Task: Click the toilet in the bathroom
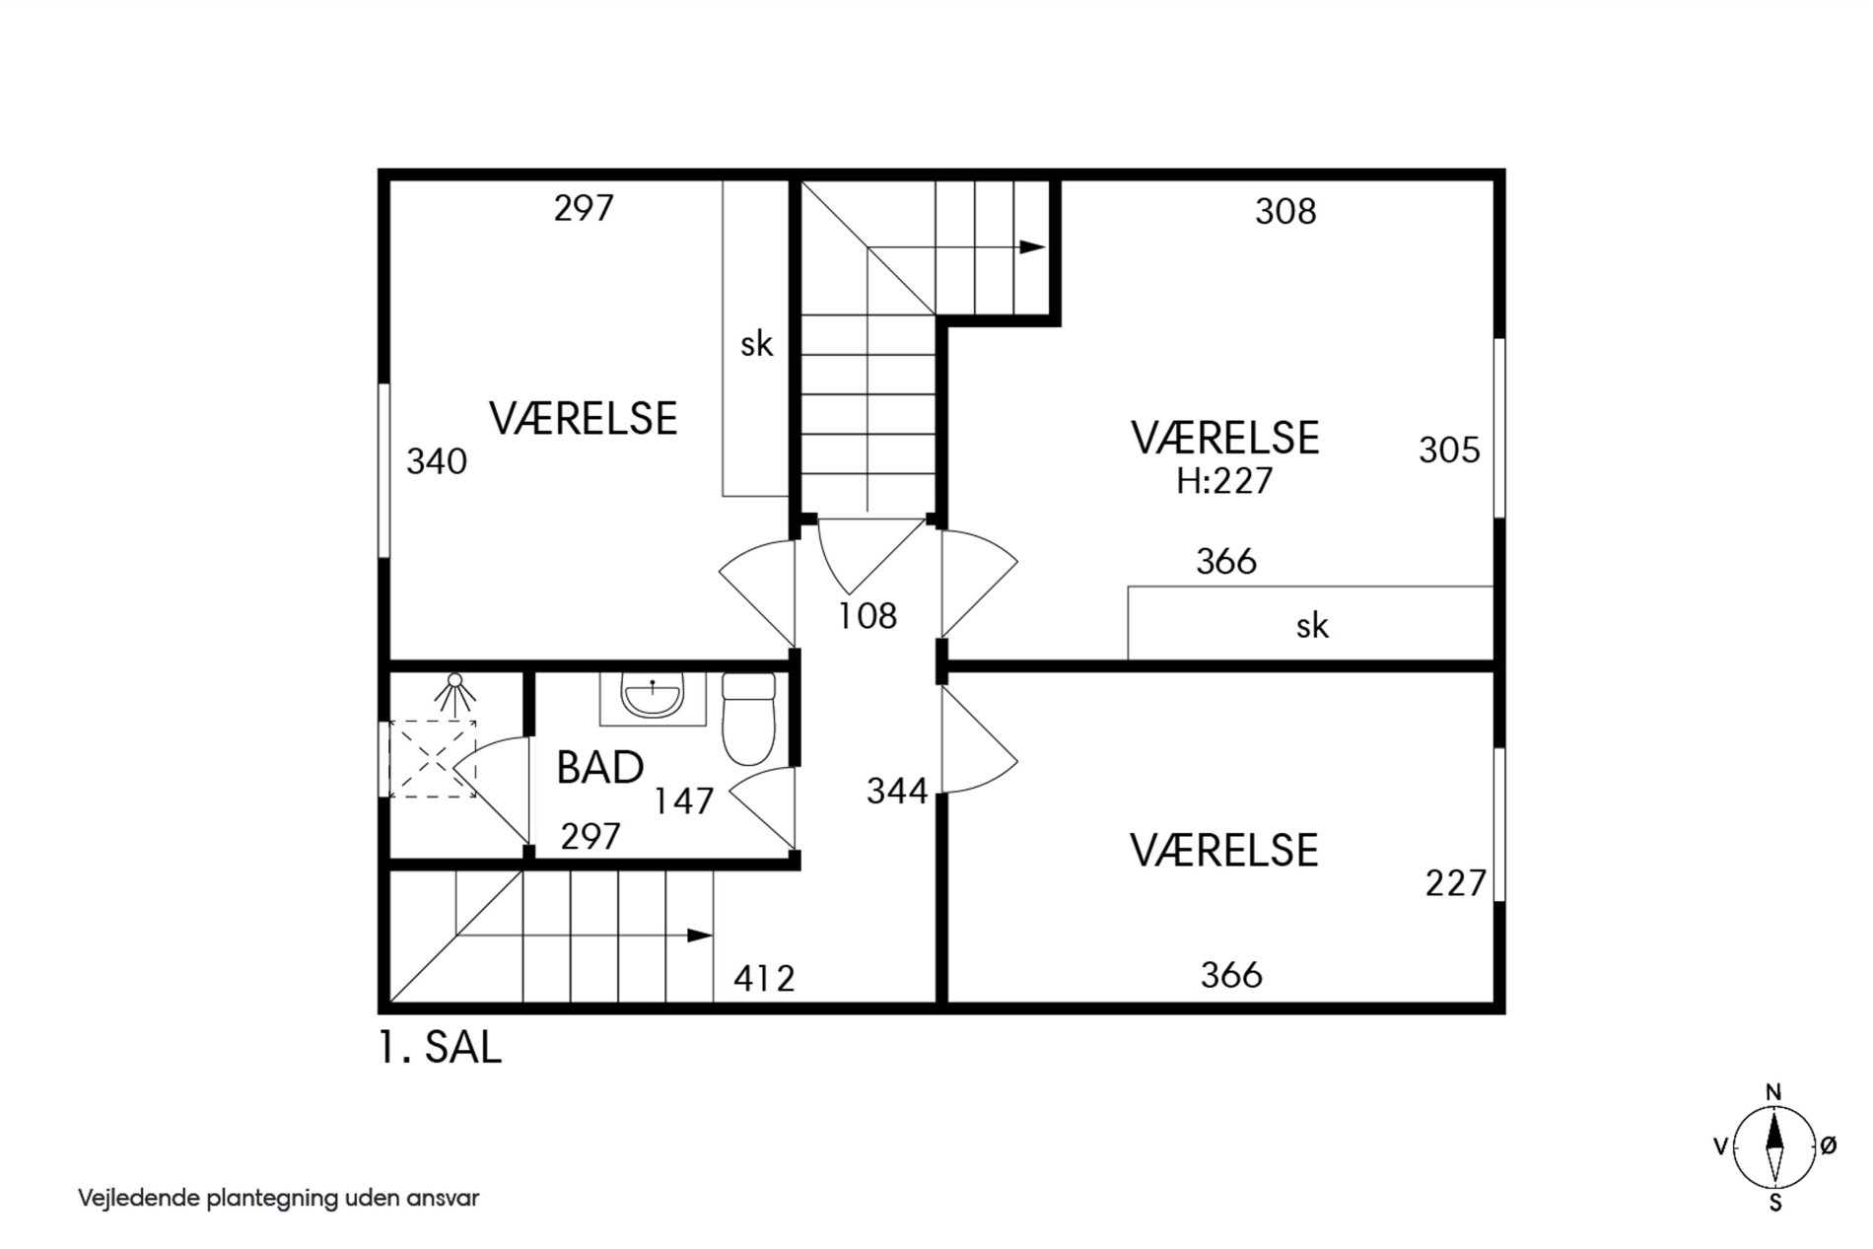click(749, 719)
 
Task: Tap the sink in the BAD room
click(653, 697)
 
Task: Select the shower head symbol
click(454, 692)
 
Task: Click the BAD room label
click(599, 767)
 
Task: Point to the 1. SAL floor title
click(440, 1047)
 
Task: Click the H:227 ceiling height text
click(1224, 481)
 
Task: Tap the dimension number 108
click(867, 616)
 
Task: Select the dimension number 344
click(897, 791)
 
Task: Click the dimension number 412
click(764, 979)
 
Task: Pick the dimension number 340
click(437, 461)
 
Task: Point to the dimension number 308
click(1285, 212)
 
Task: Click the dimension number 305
click(1449, 451)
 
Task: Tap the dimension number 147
click(684, 801)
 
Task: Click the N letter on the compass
click(1773, 1092)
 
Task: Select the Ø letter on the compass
click(1828, 1145)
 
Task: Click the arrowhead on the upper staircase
click(1032, 246)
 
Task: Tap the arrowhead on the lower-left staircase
click(700, 936)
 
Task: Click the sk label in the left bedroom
click(757, 344)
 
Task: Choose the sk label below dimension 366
click(1312, 625)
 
